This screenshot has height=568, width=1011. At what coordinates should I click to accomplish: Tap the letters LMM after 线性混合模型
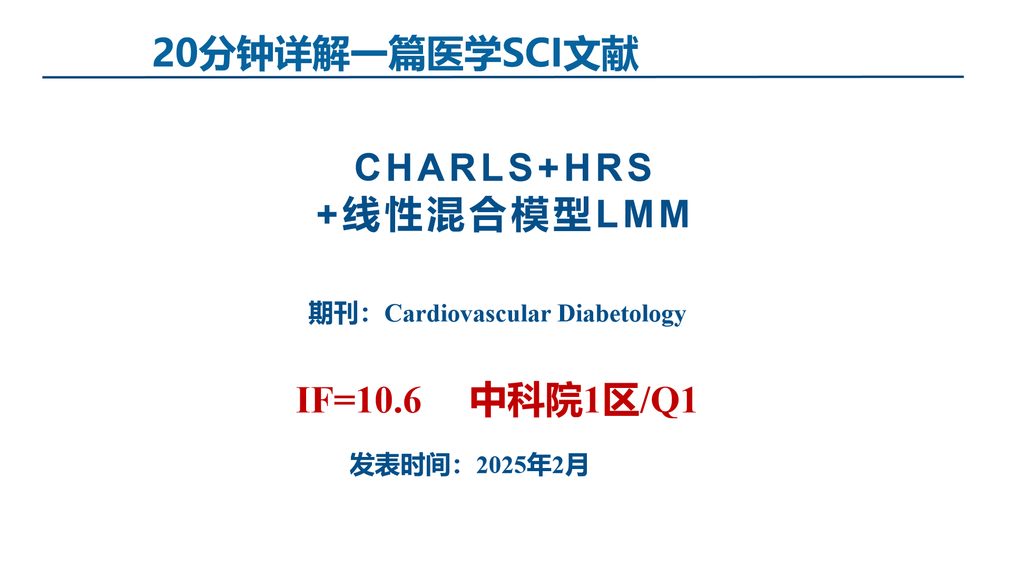click(643, 214)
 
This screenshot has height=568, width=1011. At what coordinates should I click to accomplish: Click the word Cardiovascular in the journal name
click(468, 313)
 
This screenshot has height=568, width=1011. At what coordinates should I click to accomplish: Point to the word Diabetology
click(622, 314)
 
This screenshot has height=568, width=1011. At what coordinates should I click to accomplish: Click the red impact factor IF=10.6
click(359, 400)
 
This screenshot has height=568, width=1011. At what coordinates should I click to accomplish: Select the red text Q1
click(674, 401)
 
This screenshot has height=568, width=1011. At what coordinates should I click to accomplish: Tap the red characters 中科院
click(526, 401)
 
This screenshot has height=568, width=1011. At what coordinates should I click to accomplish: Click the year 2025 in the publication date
click(501, 465)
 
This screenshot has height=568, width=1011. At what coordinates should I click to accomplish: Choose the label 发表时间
click(400, 465)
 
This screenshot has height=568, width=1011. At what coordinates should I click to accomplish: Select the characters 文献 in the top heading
click(601, 53)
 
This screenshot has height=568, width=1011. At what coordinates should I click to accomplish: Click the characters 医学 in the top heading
click(464, 53)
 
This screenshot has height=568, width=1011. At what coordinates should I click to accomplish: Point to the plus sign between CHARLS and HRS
click(548, 168)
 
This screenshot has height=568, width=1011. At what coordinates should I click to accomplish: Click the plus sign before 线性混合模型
click(327, 215)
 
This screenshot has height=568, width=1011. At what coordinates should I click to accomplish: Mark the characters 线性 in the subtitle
click(383, 214)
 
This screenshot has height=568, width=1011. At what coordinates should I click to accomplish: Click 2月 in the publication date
click(570, 465)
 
